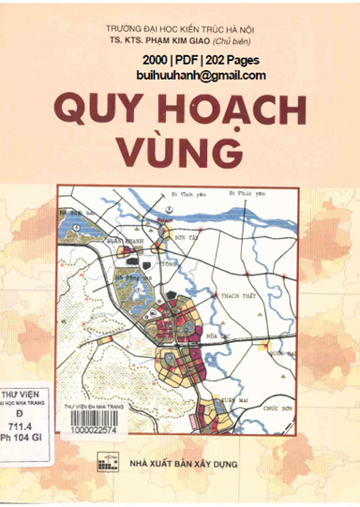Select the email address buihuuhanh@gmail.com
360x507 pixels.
[x=200, y=76]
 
